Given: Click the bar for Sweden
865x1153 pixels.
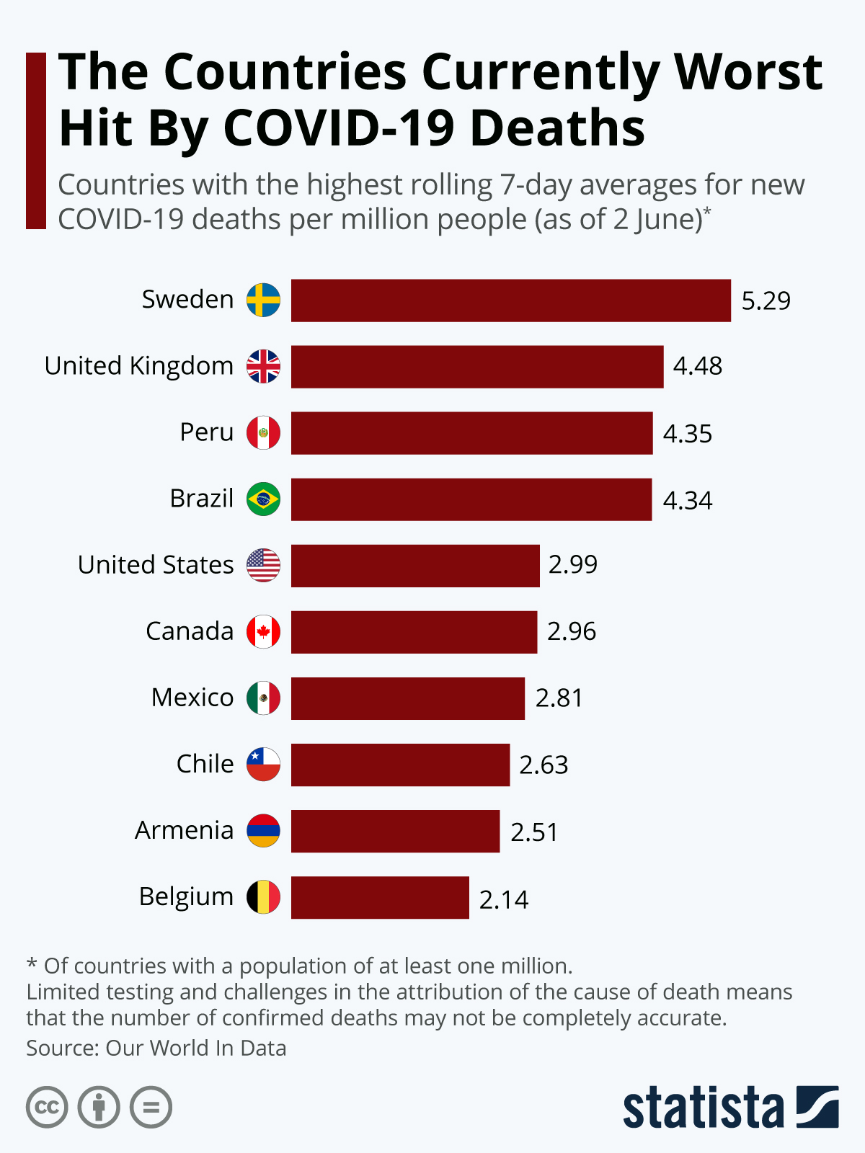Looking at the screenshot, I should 510,301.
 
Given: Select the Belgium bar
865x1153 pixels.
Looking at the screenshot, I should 380,897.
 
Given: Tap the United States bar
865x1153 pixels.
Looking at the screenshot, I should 415,566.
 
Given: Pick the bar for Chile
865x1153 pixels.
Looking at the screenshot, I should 400,765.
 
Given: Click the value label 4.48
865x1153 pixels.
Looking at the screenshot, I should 697,366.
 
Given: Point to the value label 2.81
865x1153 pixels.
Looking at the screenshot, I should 559,698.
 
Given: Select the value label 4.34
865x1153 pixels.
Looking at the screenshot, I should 687,500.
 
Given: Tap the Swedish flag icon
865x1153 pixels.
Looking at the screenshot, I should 263,300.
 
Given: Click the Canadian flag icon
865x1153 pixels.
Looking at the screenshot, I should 263,632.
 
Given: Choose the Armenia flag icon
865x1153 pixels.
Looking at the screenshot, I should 263,830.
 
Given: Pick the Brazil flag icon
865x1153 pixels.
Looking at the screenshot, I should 263,499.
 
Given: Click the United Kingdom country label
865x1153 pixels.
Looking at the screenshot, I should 139,366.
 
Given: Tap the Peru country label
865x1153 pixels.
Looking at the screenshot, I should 207,432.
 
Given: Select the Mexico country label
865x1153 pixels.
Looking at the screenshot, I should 192,698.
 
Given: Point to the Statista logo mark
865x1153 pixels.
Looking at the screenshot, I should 817,1106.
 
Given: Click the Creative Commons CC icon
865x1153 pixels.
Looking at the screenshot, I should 47,1107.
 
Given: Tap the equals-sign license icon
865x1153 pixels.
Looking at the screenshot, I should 151,1107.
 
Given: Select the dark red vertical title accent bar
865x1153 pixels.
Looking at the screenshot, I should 36,141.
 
